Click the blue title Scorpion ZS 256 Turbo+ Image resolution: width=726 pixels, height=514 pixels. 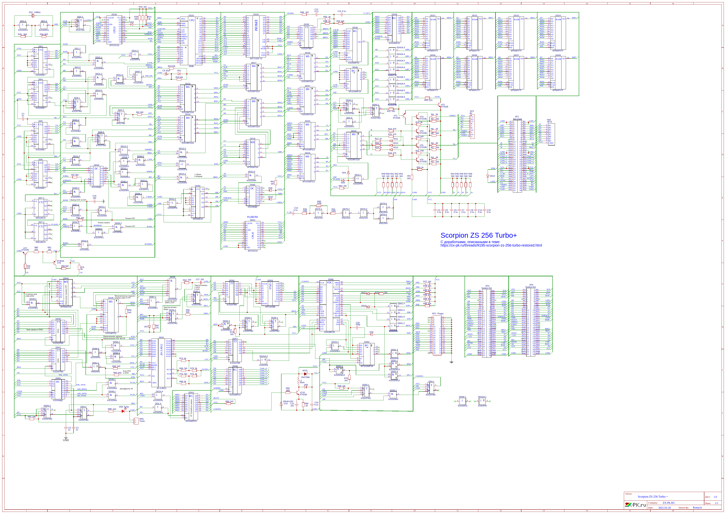(478, 236)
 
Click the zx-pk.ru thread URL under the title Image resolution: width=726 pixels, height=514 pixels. (491, 245)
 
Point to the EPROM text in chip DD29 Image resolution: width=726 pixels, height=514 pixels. (256, 25)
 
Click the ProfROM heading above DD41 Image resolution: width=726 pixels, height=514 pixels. (252, 217)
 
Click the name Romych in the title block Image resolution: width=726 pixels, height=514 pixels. (697, 507)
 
